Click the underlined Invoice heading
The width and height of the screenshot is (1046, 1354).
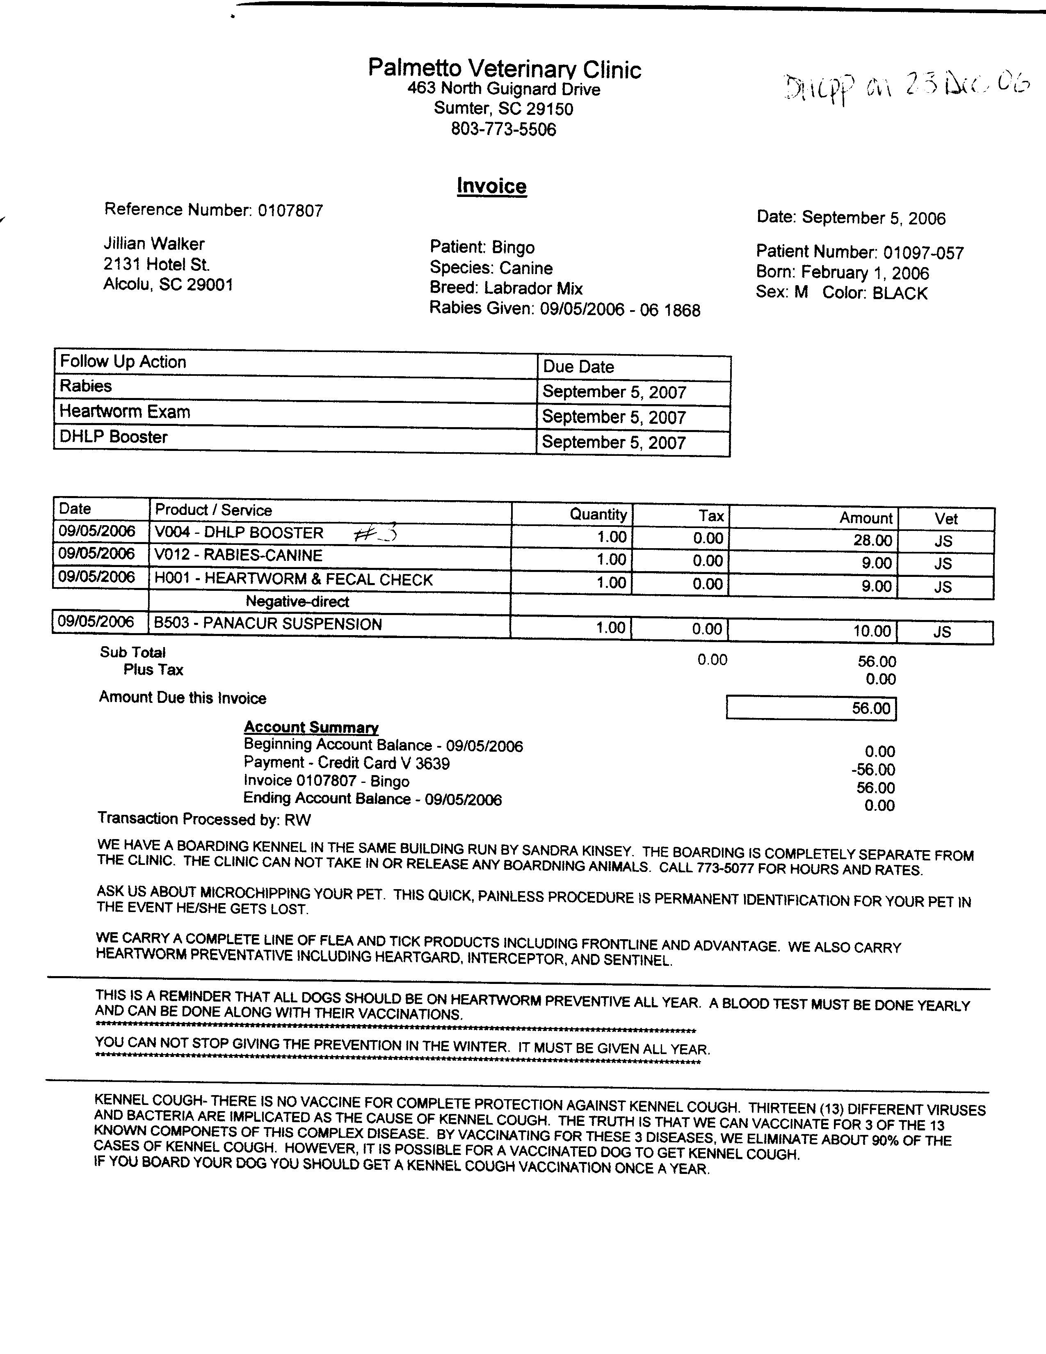point(491,186)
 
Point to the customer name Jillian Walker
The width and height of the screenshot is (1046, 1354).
point(154,244)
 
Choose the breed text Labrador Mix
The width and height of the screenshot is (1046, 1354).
point(533,288)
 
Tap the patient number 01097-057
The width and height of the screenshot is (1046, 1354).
point(923,253)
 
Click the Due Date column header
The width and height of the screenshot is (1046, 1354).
point(578,367)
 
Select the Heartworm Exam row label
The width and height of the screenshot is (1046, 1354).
point(125,412)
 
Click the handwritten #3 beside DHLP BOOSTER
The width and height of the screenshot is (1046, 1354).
point(375,534)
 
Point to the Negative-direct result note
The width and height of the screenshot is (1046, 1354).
point(297,602)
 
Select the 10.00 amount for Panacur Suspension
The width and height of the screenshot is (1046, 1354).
point(872,631)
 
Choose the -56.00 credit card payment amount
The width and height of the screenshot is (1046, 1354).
point(873,770)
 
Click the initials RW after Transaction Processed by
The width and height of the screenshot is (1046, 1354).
point(297,820)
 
